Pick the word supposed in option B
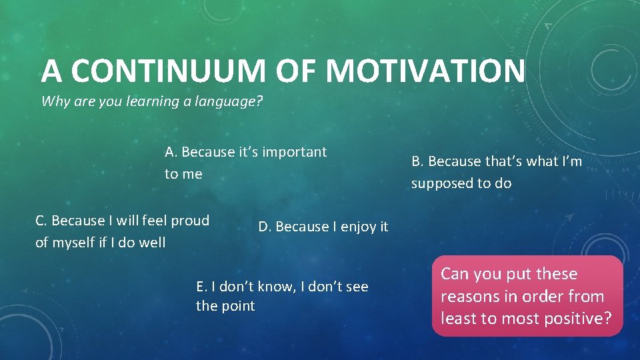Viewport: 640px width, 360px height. [440, 183]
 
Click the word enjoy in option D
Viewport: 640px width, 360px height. [357, 227]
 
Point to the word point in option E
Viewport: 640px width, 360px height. [239, 306]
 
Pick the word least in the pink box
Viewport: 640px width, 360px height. [457, 319]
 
